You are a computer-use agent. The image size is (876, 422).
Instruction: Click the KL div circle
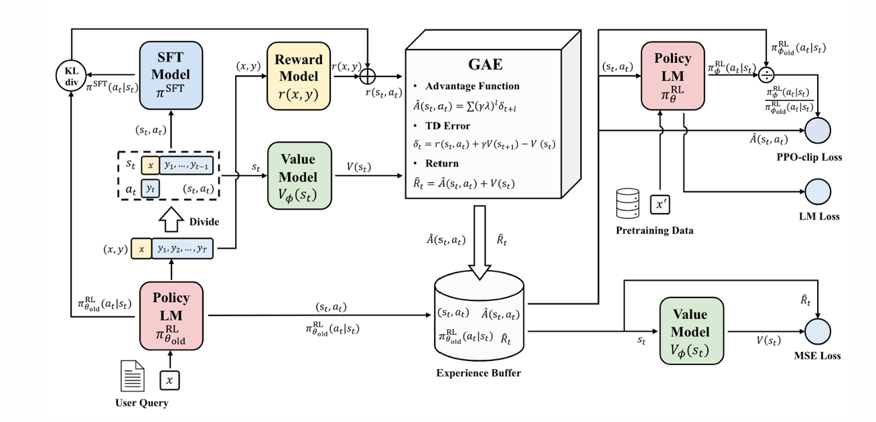pyautogui.click(x=71, y=76)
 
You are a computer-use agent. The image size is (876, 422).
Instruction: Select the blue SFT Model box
pyautogui.click(x=171, y=76)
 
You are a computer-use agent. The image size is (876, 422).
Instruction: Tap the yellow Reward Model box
pyautogui.click(x=299, y=76)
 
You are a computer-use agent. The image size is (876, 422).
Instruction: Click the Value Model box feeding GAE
pyautogui.click(x=299, y=176)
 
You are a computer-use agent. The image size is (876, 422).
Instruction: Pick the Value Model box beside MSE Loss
pyautogui.click(x=691, y=331)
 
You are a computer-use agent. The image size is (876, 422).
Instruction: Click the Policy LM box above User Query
pyautogui.click(x=171, y=316)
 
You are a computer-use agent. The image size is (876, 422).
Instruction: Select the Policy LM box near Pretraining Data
pyautogui.click(x=672, y=76)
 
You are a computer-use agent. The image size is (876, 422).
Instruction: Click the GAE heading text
pyautogui.click(x=486, y=64)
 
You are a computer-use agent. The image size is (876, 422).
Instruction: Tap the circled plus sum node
pyautogui.click(x=367, y=76)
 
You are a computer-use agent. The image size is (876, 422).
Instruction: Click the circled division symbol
pyautogui.click(x=766, y=75)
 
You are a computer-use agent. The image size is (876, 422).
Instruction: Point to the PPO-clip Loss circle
pyautogui.click(x=818, y=131)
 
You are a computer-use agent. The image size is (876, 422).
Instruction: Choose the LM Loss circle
pyautogui.click(x=818, y=192)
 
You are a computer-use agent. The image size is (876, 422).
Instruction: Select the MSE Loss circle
pyautogui.click(x=818, y=332)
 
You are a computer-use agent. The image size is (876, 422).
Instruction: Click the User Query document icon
pyautogui.click(x=132, y=376)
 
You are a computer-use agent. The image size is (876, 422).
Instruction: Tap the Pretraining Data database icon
pyautogui.click(x=628, y=204)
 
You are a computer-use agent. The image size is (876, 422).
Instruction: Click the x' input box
pyautogui.click(x=660, y=204)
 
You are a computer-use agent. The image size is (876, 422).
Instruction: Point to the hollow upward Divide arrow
pyautogui.click(x=171, y=219)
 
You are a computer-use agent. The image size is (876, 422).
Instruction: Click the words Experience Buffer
pyautogui.click(x=479, y=373)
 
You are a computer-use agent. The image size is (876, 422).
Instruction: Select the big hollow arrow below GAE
pyautogui.click(x=480, y=242)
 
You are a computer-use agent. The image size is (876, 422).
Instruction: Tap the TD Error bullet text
pyautogui.click(x=447, y=126)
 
